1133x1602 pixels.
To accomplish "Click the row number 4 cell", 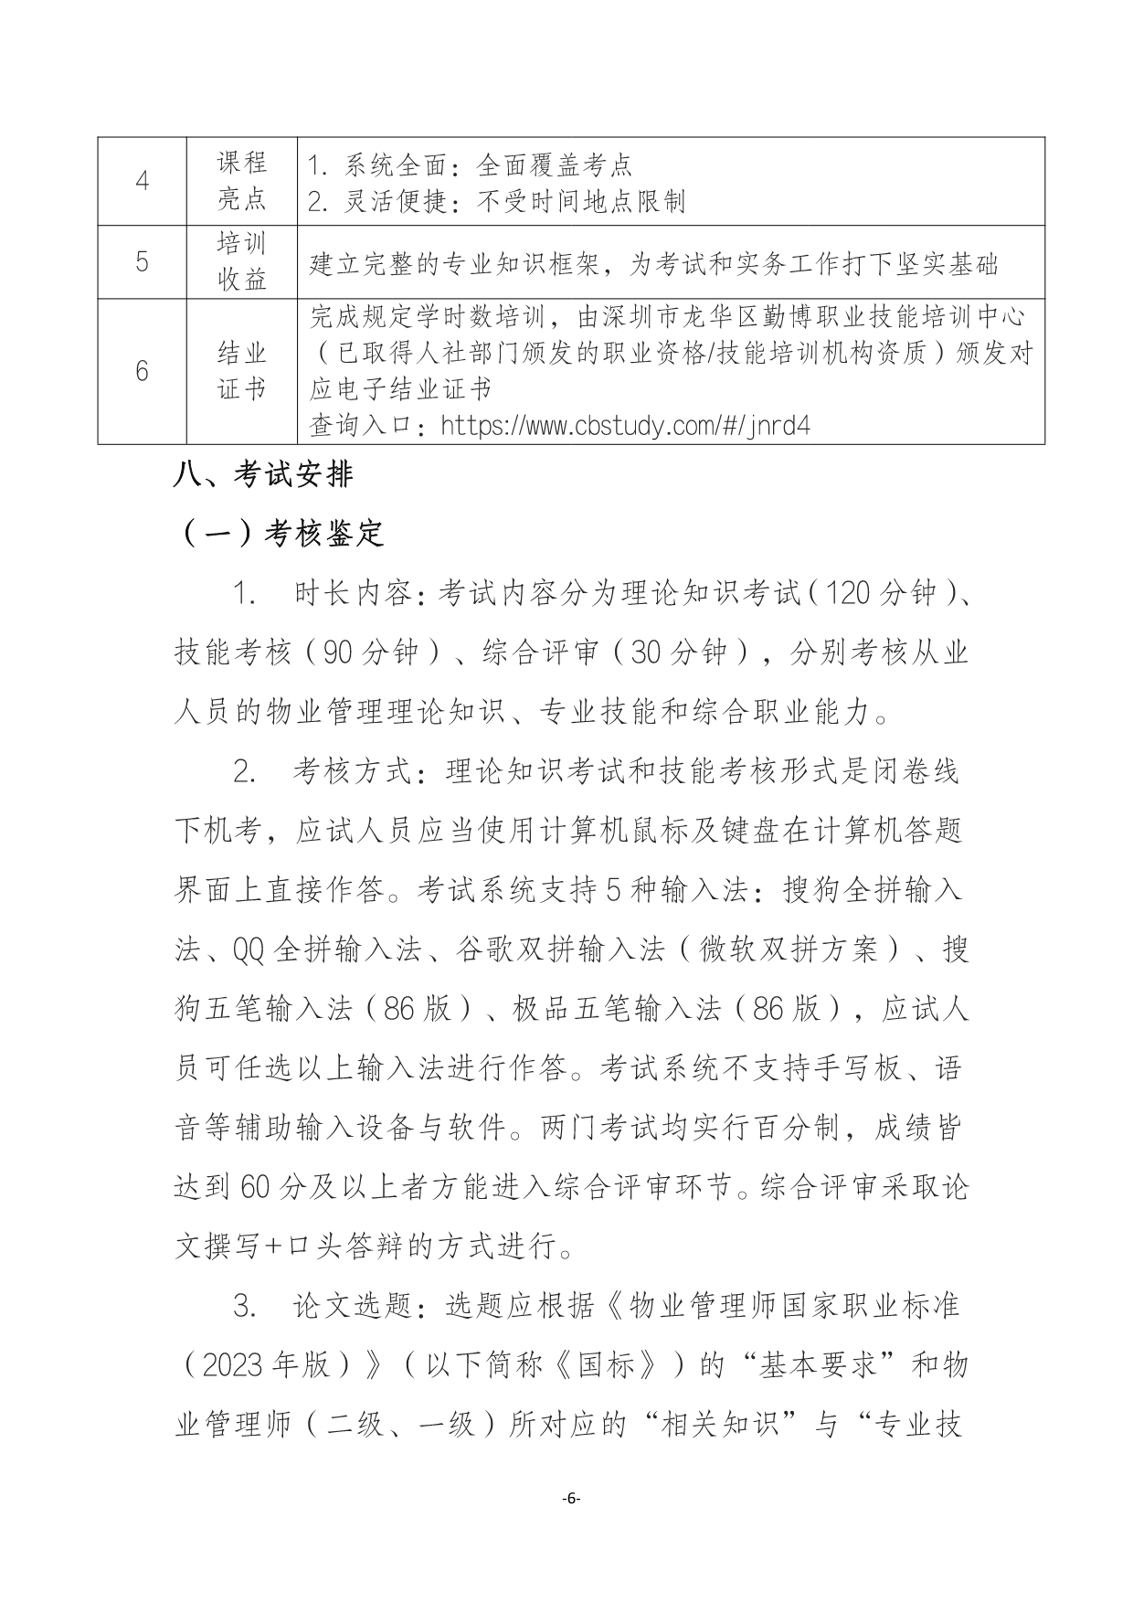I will tap(142, 181).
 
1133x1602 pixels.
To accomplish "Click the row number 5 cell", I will tap(142, 262).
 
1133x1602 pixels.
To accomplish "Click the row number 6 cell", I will tap(142, 371).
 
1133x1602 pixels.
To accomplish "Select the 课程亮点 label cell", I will tap(242, 181).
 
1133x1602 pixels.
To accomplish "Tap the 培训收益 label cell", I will tap(242, 262).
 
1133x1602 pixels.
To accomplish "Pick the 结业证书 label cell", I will tap(242, 371).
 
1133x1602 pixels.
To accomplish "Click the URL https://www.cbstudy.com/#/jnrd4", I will tap(625, 426).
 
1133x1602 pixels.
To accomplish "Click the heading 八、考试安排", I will tap(263, 475).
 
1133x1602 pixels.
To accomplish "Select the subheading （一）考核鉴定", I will tap(280, 533).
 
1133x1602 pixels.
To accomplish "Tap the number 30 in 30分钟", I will tap(645, 652).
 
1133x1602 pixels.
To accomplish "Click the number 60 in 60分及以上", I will tap(255, 1187).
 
